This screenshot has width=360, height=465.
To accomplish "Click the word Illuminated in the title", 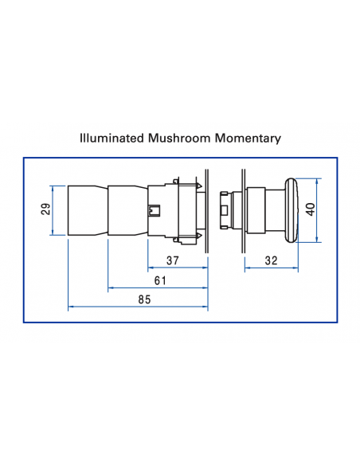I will [x=112, y=138].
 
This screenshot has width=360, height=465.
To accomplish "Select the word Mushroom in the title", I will [x=177, y=138].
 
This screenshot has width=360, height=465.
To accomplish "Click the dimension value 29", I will [x=45, y=210].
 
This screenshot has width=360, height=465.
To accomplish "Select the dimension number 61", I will [x=159, y=279].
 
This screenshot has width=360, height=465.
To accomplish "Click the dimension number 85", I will [x=143, y=299].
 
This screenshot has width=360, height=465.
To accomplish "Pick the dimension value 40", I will [x=311, y=209].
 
